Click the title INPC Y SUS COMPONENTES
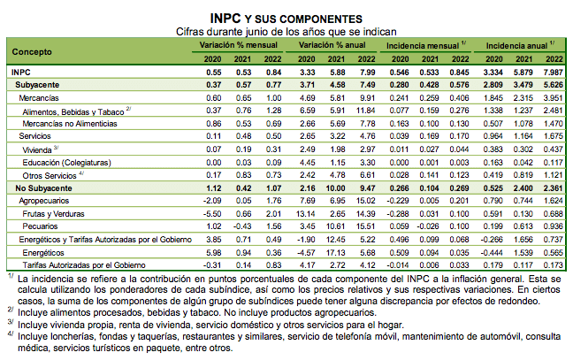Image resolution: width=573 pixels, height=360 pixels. tap(286, 17)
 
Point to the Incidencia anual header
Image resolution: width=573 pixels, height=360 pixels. tap(517, 42)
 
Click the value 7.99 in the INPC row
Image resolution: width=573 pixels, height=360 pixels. tap(367, 71)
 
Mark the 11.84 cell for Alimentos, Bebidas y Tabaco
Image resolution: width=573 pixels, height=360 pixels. tap(365, 111)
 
